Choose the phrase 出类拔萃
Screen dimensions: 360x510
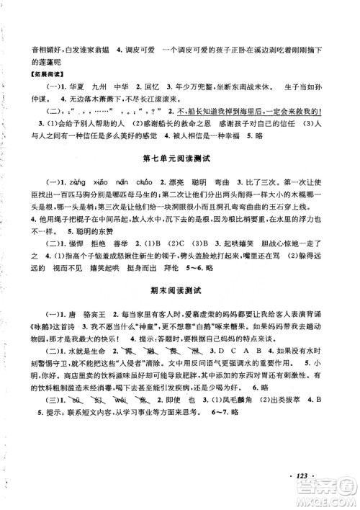[x=302, y=465]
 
